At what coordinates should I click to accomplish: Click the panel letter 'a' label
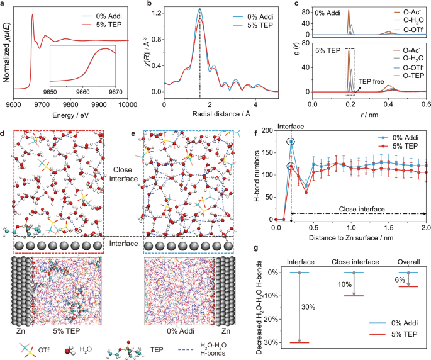pyautogui.click(x=4, y=4)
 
